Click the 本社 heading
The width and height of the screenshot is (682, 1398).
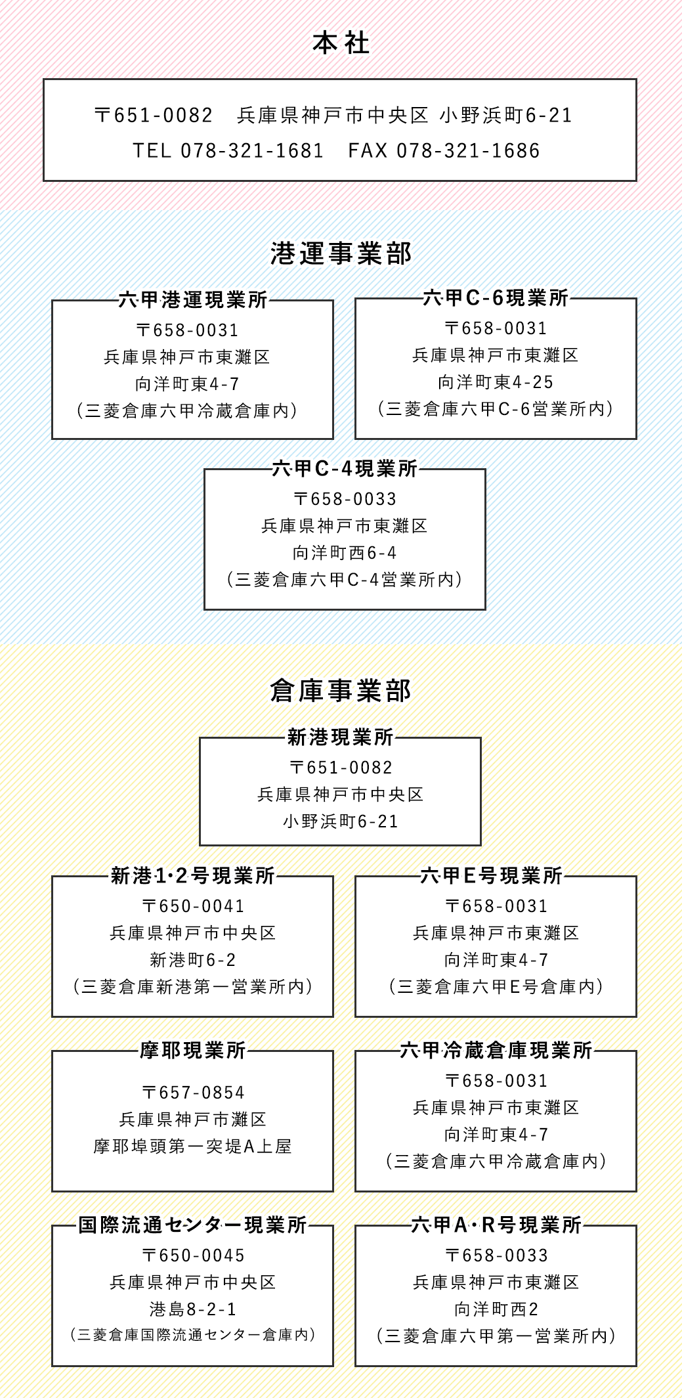(x=341, y=44)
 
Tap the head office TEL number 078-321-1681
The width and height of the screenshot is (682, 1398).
(x=252, y=151)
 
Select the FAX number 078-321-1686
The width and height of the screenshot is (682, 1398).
(x=468, y=151)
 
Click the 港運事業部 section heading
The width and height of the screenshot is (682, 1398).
(x=341, y=253)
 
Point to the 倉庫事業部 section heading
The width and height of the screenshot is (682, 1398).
(x=341, y=691)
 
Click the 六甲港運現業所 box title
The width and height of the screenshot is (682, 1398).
(x=193, y=300)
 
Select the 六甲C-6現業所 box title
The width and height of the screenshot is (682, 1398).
(x=496, y=298)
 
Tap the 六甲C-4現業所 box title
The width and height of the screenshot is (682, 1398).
(x=345, y=468)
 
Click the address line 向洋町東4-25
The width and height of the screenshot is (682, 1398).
(x=496, y=382)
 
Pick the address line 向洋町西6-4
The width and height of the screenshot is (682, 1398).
(x=345, y=553)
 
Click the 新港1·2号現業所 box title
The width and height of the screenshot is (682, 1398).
(x=193, y=876)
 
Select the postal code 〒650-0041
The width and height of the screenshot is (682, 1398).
(x=193, y=906)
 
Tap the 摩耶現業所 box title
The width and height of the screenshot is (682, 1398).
(x=193, y=1051)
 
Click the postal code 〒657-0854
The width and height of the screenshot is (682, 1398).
(x=193, y=1093)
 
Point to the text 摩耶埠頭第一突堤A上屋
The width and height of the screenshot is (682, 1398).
(x=193, y=1147)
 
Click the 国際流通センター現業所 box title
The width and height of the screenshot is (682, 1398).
(x=193, y=1225)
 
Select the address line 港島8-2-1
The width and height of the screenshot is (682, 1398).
(x=193, y=1309)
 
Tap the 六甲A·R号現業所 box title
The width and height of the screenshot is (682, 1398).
(x=496, y=1225)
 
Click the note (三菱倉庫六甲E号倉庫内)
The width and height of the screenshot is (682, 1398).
(x=496, y=987)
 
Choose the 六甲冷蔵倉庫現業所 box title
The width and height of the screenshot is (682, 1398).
(x=496, y=1051)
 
